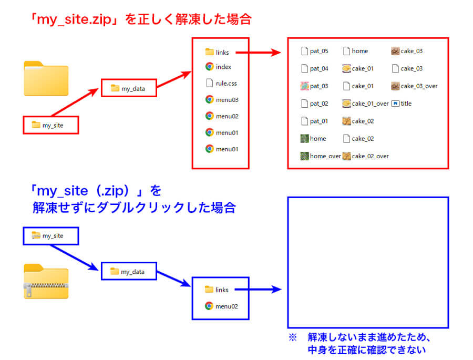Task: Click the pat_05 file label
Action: (x=319, y=51)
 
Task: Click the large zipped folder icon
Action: (x=46, y=281)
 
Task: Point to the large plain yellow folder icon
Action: (x=46, y=79)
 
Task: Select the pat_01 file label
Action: (x=319, y=121)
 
